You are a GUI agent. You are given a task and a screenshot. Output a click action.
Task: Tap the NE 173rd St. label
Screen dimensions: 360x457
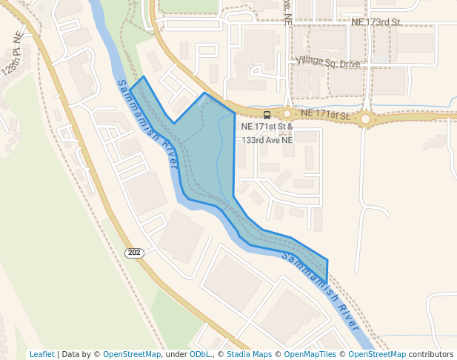tap(376, 22)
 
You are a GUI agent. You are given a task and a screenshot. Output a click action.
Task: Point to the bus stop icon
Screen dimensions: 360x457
tap(267, 114)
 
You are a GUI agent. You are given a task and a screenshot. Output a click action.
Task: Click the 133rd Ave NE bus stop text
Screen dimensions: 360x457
tap(267, 139)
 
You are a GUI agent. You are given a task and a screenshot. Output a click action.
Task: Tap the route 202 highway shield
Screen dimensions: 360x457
tap(133, 253)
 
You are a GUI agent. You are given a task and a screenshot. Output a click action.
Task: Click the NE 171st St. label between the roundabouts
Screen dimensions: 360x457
tap(325, 115)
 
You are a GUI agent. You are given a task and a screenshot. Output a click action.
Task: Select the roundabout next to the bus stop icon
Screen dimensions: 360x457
tap(287, 113)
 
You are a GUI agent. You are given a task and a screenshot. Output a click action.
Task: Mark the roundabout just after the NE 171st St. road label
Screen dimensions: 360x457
tap(365, 119)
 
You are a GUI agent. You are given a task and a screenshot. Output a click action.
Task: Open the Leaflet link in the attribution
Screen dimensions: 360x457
tap(41, 354)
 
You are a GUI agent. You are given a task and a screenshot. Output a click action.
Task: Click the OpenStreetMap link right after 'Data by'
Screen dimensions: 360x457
tap(132, 354)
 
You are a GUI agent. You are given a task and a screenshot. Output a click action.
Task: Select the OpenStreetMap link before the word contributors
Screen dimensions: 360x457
tap(373, 354)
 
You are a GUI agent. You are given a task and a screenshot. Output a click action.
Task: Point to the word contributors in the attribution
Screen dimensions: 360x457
tap(430, 354)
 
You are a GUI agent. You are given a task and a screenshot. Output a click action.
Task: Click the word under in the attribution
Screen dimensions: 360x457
tap(176, 354)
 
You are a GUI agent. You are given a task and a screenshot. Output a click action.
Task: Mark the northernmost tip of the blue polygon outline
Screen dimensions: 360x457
tap(144, 76)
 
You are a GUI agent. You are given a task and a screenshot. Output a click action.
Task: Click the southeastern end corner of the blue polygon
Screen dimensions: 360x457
tap(327, 282)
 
